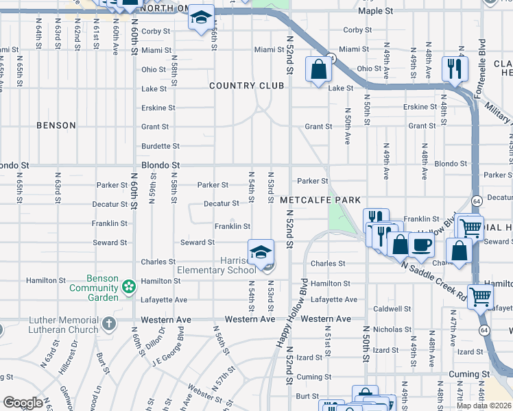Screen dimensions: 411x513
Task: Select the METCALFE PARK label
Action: [320, 200]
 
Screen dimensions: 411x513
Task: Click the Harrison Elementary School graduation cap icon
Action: [261, 253]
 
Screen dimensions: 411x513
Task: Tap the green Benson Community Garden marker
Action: [128, 286]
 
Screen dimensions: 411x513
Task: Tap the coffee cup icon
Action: [421, 245]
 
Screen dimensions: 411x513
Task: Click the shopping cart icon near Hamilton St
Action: [480, 297]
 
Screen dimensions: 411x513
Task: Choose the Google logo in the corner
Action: [23, 403]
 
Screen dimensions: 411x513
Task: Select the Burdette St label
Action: [160, 146]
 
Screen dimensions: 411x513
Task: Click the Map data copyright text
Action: [484, 406]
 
